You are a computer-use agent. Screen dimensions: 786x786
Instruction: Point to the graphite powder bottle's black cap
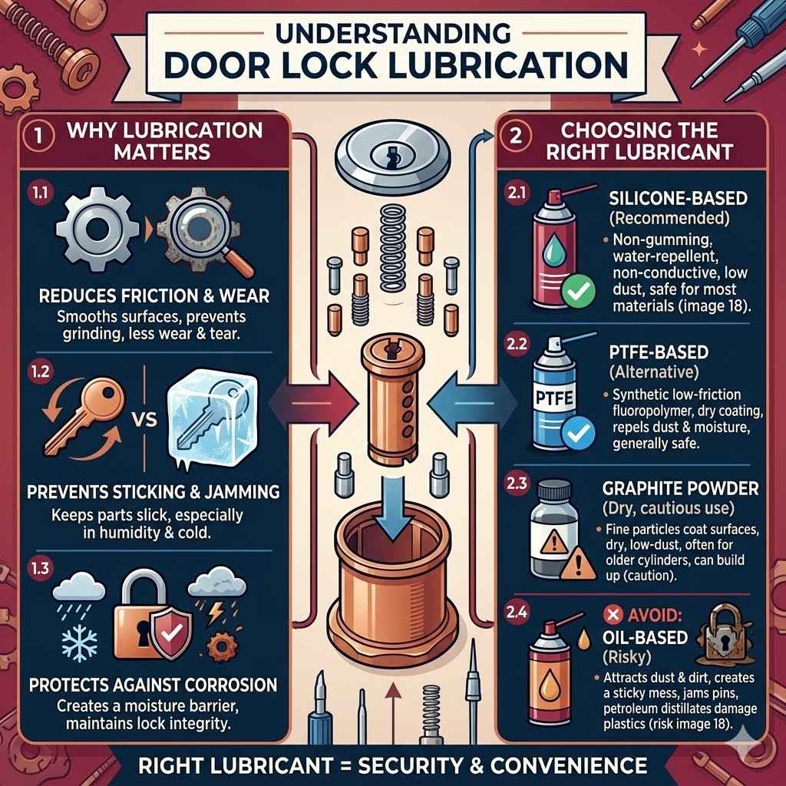[x=554, y=491]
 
